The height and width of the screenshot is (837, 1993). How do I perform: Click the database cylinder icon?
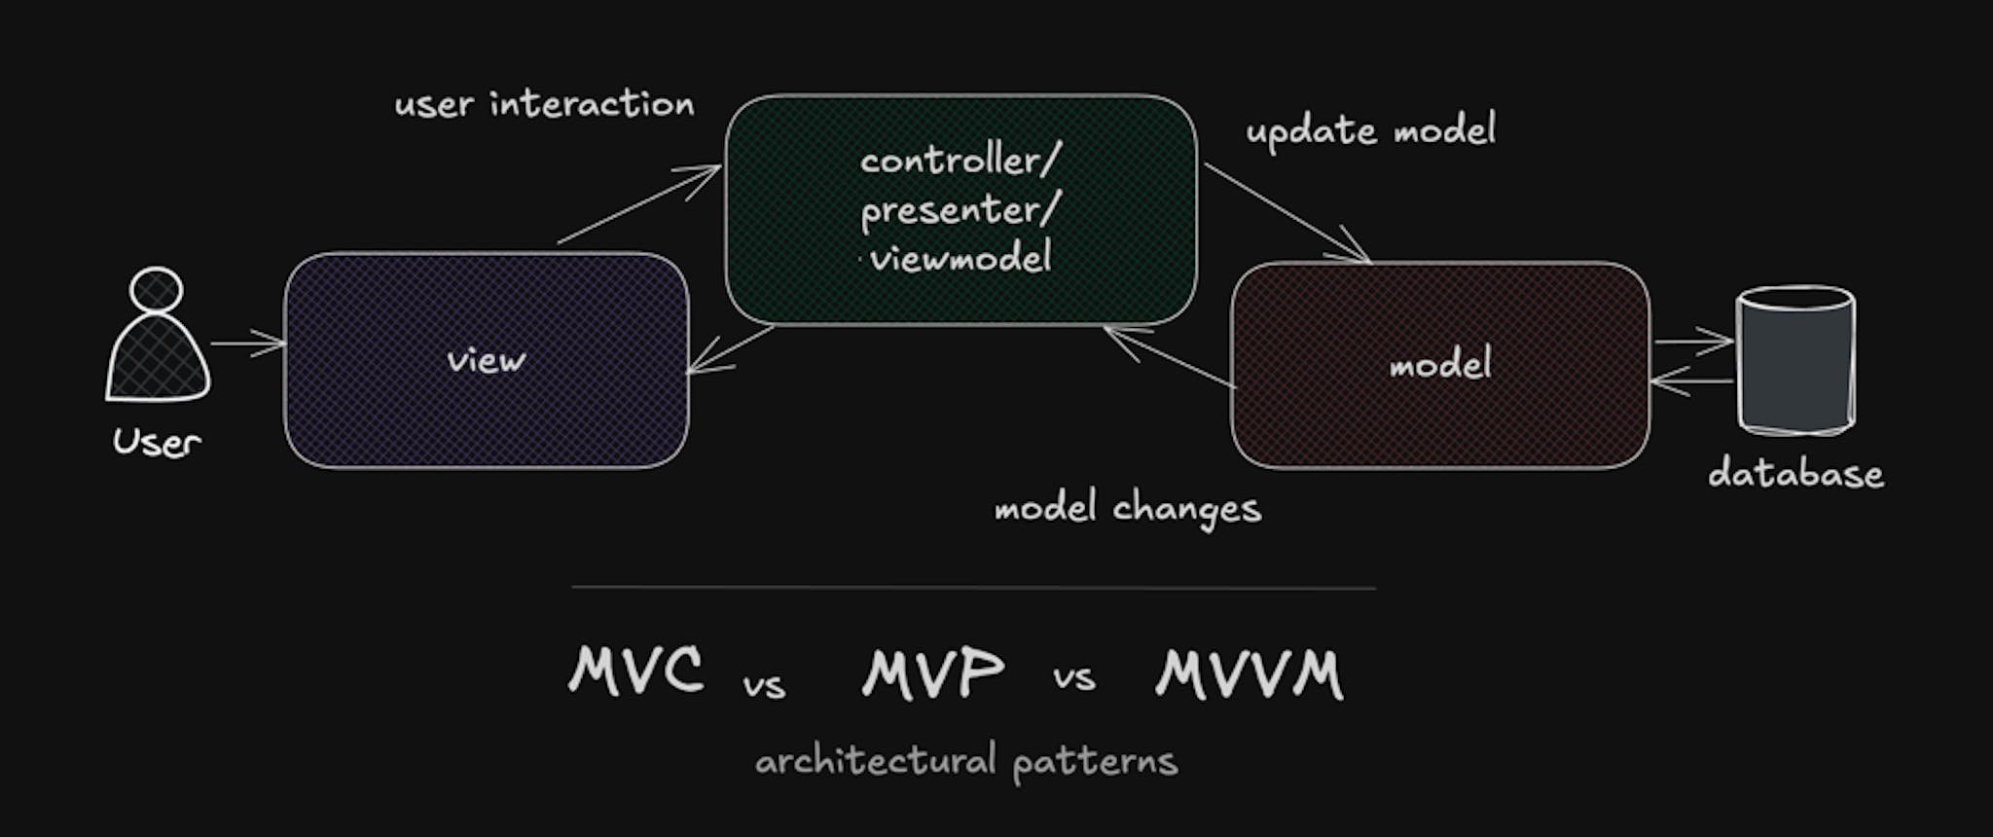pyautogui.click(x=1795, y=360)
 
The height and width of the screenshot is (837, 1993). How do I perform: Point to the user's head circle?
pyautogui.click(x=156, y=290)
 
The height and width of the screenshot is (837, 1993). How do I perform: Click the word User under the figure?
pyautogui.click(x=157, y=443)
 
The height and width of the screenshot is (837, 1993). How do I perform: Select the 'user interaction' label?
pyautogui.click(x=544, y=104)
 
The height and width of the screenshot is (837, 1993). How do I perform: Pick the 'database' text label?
pyautogui.click(x=1795, y=474)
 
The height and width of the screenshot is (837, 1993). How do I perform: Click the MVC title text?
pyautogui.click(x=635, y=672)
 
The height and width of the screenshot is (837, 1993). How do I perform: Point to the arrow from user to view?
pyautogui.click(x=247, y=344)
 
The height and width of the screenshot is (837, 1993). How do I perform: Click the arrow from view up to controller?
pyautogui.click(x=638, y=204)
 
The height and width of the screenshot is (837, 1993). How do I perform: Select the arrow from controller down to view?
pyautogui.click(x=730, y=349)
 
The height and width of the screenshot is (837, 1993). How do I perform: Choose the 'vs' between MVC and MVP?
pyautogui.click(x=764, y=685)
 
